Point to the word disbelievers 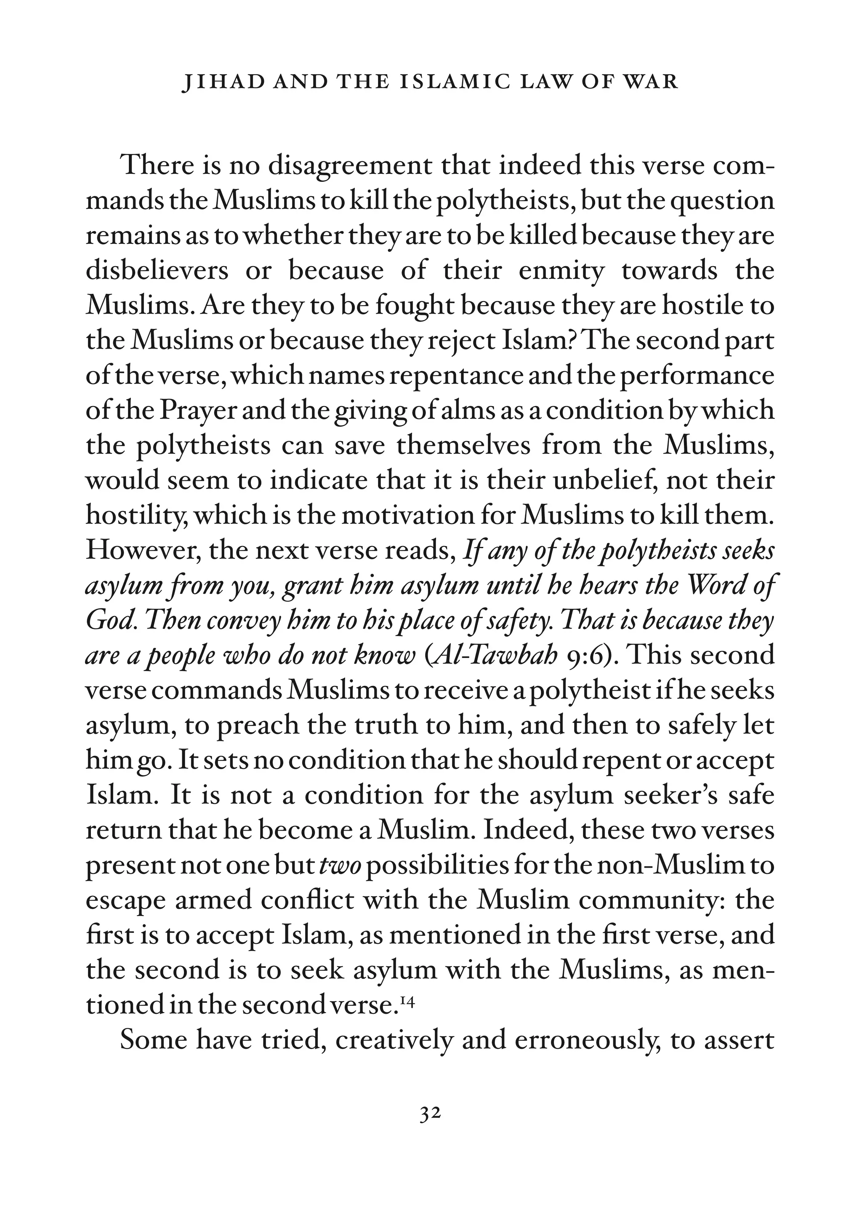tap(157, 271)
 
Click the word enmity tap(561, 271)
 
